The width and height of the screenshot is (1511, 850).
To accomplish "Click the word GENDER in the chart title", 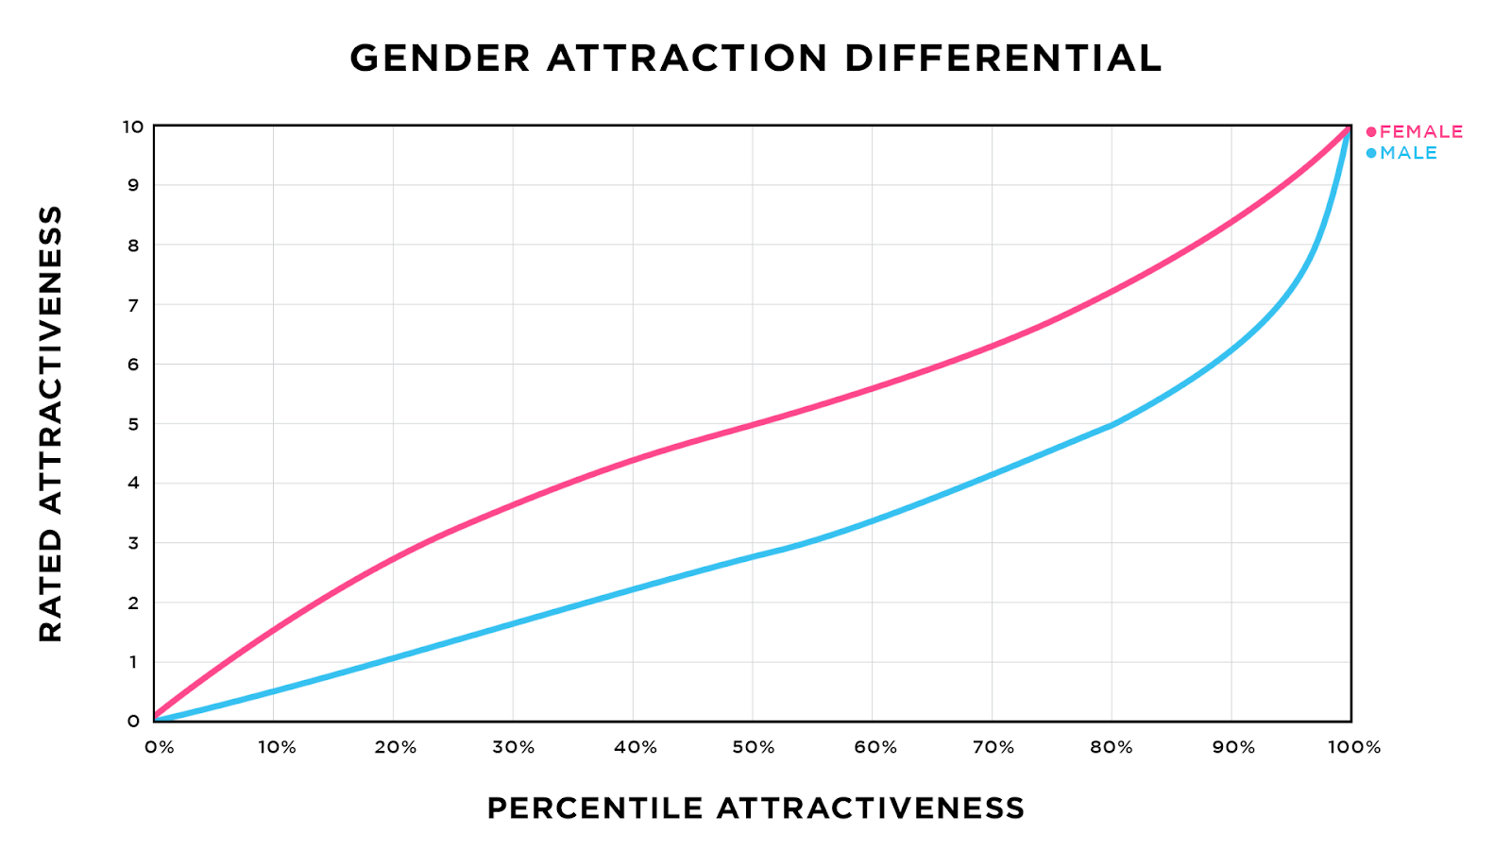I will [440, 59].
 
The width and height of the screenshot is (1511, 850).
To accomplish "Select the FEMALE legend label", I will [1421, 131].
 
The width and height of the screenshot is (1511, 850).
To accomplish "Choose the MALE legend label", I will [1408, 153].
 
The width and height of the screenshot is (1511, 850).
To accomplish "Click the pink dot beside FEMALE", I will [1371, 131].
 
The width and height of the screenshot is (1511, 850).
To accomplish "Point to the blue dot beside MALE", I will [1371, 153].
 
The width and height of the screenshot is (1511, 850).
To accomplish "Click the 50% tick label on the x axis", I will [753, 748].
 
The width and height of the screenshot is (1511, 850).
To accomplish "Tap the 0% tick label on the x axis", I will [159, 748].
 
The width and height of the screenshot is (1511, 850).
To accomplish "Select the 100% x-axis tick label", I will [1353, 748].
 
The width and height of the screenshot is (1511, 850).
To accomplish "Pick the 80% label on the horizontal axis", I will [1112, 748].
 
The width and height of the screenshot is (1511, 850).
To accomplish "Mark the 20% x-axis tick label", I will [395, 748].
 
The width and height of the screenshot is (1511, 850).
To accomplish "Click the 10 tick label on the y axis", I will [132, 127].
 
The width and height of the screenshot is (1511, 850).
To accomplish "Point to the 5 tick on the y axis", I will [133, 424].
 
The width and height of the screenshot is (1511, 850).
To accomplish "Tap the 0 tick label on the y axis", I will [133, 722].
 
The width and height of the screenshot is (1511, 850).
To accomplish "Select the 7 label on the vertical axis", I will [133, 305].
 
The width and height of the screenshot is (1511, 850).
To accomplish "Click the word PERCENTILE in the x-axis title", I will [594, 808].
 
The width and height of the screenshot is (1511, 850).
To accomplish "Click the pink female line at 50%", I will [753, 424].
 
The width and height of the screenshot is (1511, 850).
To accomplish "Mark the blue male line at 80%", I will [1112, 425].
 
